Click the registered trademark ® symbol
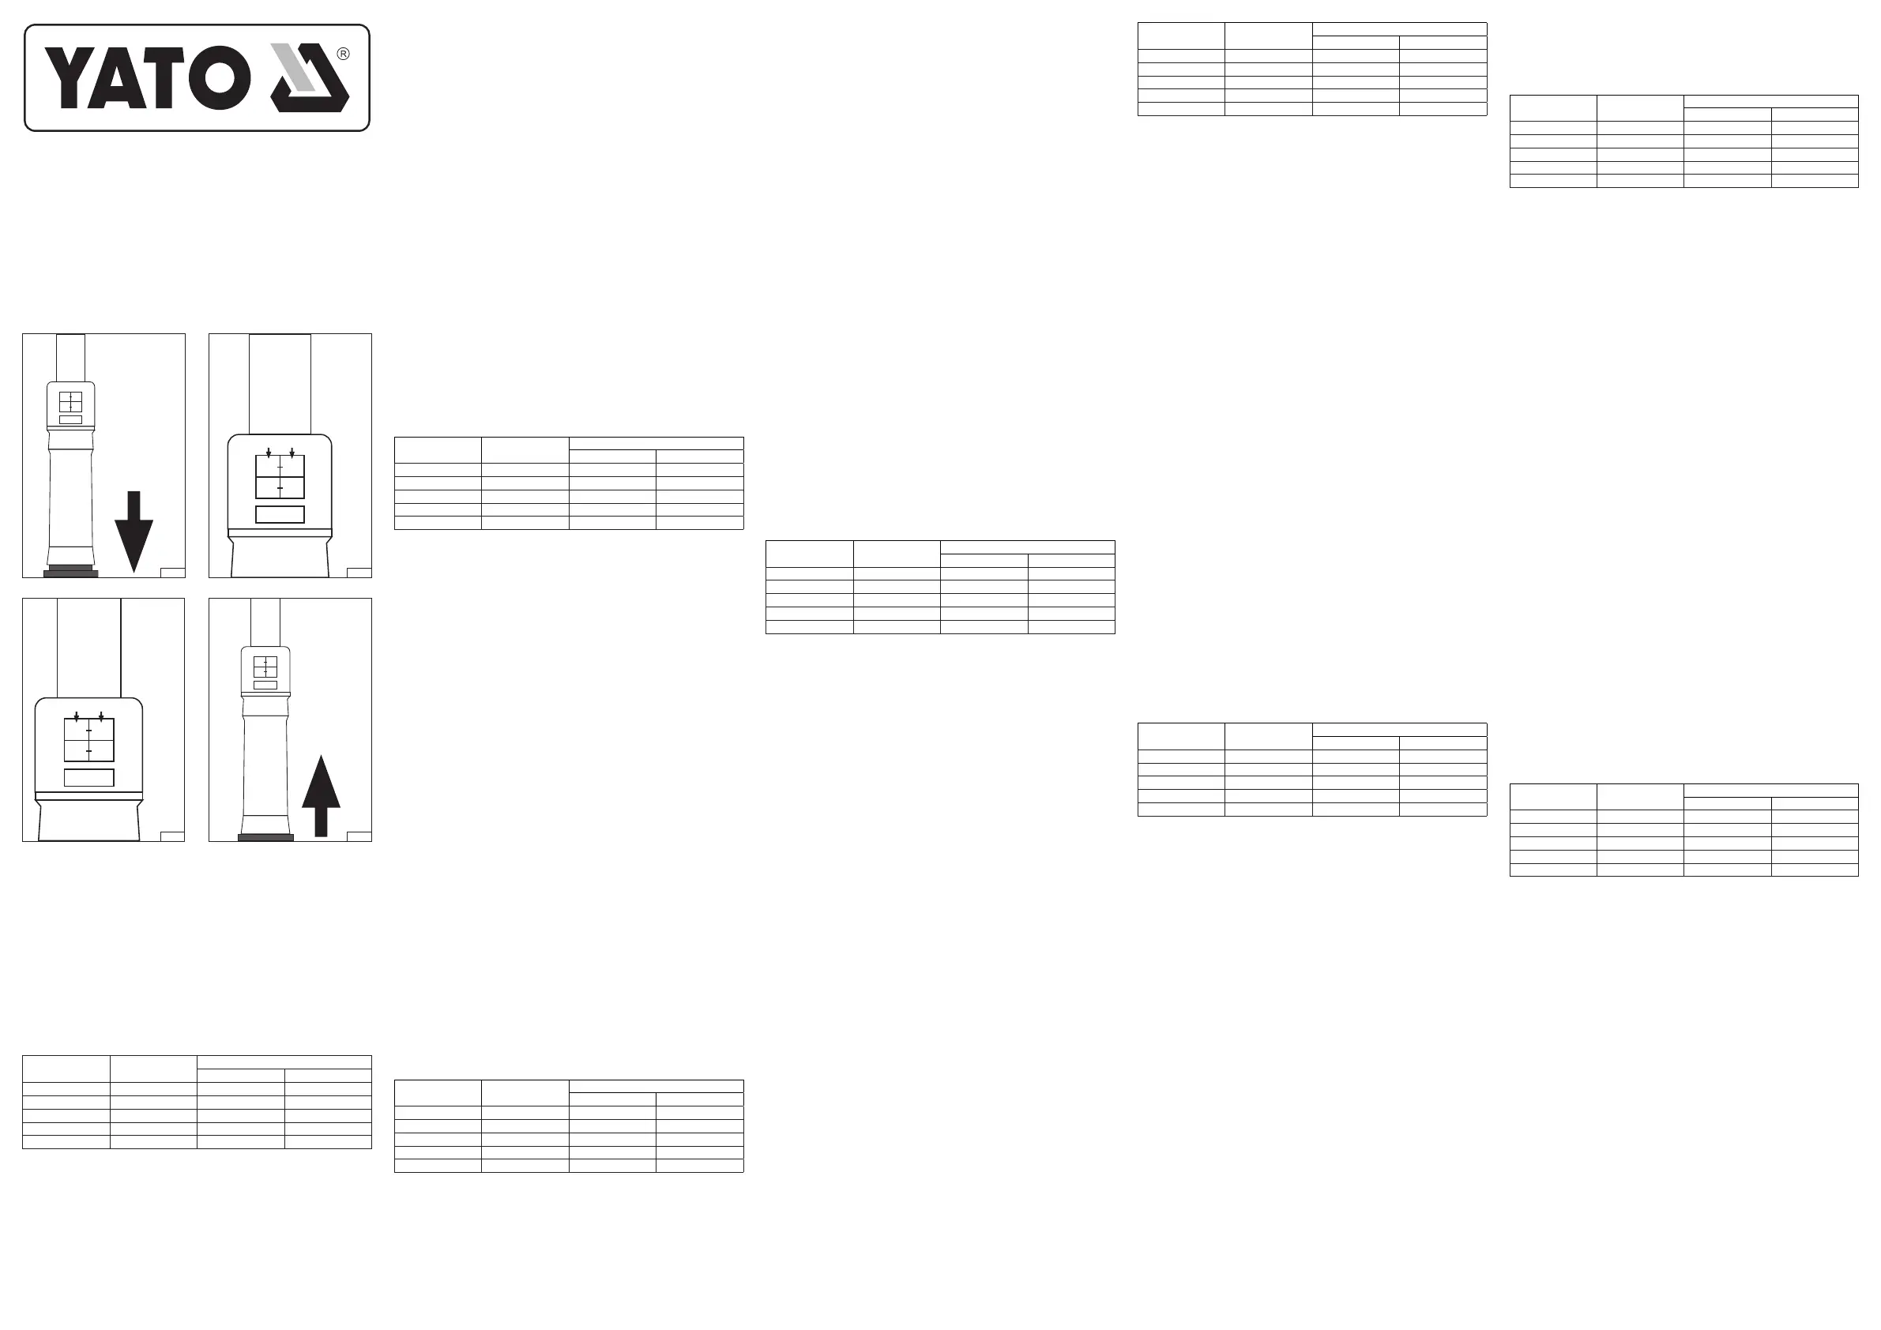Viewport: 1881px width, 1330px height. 344,54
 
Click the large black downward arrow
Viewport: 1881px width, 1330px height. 134,530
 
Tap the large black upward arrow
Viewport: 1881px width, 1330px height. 322,795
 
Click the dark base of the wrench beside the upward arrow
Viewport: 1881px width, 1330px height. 265,837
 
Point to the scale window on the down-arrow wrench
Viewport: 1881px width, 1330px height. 70,402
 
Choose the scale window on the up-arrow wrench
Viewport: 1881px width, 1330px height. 265,667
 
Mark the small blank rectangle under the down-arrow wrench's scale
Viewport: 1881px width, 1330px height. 71,419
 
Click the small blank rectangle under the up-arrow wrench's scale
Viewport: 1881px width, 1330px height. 265,685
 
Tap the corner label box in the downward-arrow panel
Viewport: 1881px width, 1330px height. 173,573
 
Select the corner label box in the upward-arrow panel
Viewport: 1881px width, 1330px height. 359,836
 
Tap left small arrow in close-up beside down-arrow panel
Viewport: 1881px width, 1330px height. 269,452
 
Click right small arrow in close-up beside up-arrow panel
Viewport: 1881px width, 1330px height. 101,716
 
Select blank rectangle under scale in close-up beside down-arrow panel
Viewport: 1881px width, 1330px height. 280,514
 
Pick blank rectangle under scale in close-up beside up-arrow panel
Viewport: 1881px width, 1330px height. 89,778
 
